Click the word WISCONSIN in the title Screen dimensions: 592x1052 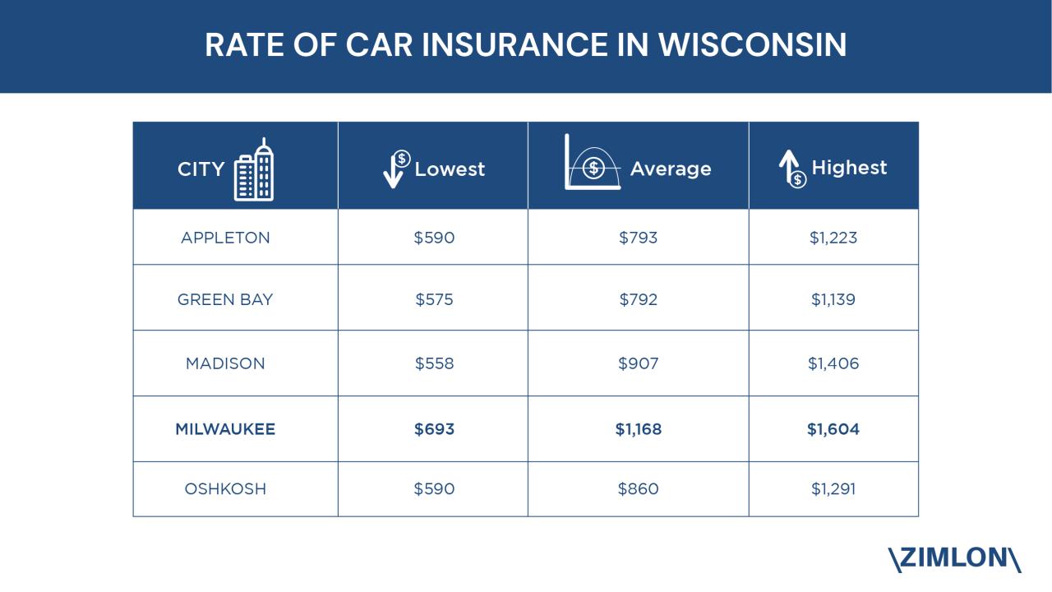[752, 45]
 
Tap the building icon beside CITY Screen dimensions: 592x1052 [254, 169]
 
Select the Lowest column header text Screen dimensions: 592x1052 [450, 169]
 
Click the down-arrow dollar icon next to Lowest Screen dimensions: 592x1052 [397, 168]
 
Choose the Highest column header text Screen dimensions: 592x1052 [849, 168]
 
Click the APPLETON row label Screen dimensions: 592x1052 [225, 238]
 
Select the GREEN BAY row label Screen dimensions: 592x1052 [225, 299]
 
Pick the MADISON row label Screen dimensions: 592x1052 [225, 363]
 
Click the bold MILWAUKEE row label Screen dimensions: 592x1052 [225, 429]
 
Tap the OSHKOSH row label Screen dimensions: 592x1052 [225, 489]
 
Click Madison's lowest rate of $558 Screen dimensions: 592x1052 [434, 363]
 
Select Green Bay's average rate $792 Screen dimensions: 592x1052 [639, 299]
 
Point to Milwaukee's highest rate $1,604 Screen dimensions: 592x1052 [833, 429]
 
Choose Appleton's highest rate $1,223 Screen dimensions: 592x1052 [833, 238]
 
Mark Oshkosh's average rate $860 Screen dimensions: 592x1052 [639, 489]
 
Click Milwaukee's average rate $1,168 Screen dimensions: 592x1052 [639, 429]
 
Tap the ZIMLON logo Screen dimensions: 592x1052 [954, 559]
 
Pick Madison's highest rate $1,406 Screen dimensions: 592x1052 [833, 363]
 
